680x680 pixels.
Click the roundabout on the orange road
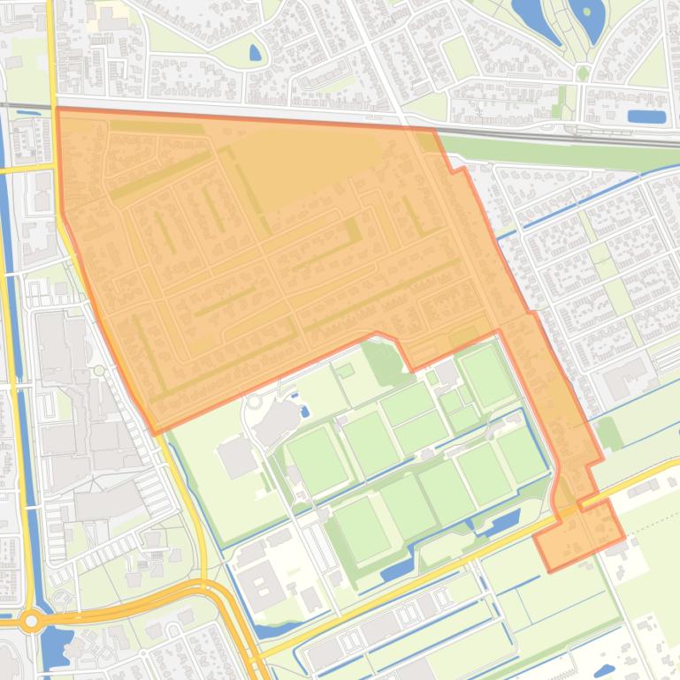point(32,621)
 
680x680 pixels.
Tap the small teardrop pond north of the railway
point(256,53)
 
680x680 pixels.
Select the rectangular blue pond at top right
point(646,116)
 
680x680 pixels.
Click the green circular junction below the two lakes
point(583,74)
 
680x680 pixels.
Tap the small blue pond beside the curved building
point(305,411)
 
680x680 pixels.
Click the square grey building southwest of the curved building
point(237,457)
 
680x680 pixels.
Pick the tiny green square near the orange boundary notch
point(345,369)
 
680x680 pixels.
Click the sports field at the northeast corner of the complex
point(487,374)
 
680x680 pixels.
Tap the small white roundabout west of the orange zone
point(100,371)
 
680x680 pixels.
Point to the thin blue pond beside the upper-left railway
point(27,112)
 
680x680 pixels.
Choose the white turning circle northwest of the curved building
point(256,402)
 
